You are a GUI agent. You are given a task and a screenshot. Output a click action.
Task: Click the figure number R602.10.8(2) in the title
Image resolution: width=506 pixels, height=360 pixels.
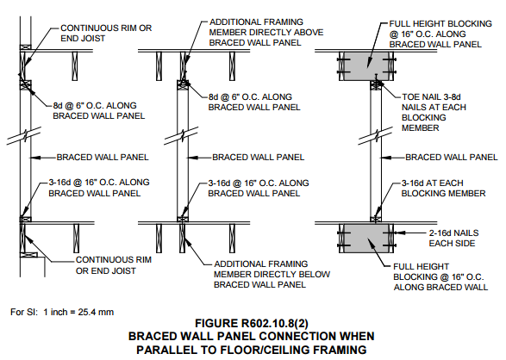[x=275, y=323]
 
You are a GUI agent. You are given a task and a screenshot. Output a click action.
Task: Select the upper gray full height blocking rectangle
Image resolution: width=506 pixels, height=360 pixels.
[x=366, y=65]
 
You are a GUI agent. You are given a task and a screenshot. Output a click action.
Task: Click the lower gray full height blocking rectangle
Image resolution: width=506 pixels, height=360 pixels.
[x=366, y=239]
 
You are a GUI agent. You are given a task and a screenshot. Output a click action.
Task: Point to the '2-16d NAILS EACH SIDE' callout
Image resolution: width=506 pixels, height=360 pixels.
[x=453, y=238]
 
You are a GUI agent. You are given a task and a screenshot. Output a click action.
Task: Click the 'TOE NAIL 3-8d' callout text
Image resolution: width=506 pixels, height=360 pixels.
[x=431, y=96]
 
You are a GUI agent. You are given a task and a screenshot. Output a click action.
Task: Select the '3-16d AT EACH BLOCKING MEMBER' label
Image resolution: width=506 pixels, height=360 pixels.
[x=443, y=188]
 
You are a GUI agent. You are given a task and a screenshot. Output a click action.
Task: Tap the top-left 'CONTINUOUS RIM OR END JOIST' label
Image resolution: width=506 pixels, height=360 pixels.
[x=106, y=33]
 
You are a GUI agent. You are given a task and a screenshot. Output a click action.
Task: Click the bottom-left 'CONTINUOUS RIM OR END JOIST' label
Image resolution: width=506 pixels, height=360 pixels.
[x=114, y=265]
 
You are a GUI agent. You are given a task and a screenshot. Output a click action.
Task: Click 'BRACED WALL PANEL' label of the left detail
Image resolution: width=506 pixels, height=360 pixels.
[x=103, y=158]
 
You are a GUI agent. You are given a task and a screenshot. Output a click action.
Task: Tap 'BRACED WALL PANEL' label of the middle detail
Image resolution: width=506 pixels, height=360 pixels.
[x=258, y=158]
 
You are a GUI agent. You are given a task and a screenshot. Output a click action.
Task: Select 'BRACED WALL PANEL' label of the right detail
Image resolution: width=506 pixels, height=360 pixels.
[x=452, y=158]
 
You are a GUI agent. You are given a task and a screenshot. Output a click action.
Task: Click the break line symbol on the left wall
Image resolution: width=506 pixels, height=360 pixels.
[x=24, y=135]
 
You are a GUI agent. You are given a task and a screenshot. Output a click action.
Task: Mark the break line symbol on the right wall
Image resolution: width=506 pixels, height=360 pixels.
[x=376, y=135]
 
